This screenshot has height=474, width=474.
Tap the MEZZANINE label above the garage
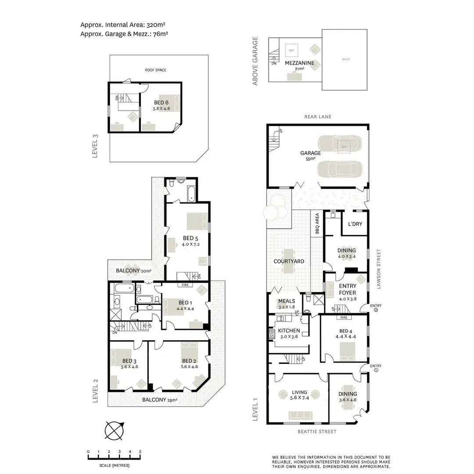pos(299,63)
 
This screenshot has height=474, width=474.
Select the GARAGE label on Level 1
pos(310,153)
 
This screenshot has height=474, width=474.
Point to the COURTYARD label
pos(289,261)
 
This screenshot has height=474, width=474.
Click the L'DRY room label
pos(355,224)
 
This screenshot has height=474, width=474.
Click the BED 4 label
pos(345,331)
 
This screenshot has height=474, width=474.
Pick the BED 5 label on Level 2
pos(191,239)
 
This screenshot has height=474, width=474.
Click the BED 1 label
pos(185,302)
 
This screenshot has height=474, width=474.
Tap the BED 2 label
pos(189,361)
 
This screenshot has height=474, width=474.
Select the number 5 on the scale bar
pos(140,452)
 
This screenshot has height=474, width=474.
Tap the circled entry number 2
pos(376,310)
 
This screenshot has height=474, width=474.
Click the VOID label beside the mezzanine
pos(346,59)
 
